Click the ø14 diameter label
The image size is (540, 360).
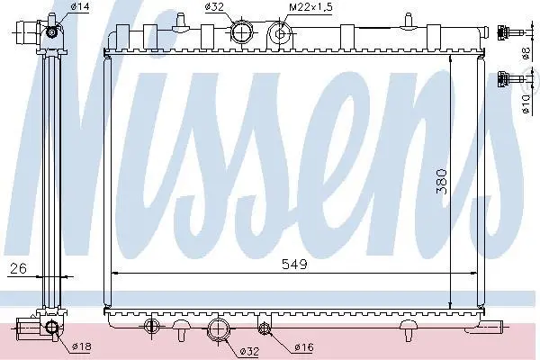(80, 6)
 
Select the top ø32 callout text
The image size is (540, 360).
(214, 6)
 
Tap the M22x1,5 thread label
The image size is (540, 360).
(310, 7)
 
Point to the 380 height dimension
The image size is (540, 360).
(442, 182)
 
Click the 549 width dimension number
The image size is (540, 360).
(294, 265)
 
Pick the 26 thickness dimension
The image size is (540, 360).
(18, 268)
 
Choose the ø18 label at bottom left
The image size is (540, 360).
(82, 346)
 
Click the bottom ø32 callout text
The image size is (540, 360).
(249, 351)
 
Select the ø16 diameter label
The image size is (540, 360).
(304, 347)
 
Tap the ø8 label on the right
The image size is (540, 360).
(526, 53)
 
